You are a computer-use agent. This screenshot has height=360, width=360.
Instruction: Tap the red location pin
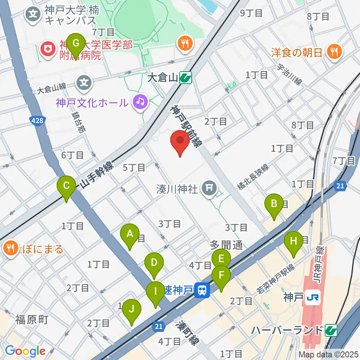tap(180, 142)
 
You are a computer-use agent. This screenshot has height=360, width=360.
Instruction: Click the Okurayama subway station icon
tap(186, 78)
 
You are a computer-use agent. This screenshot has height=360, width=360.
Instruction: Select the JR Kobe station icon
tap(311, 297)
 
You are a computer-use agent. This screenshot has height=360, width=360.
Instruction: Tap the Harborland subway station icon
tap(331, 330)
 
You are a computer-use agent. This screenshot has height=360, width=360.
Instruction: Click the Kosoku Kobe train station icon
tap(202, 289)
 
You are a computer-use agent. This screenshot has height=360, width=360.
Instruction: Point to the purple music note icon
tap(141, 102)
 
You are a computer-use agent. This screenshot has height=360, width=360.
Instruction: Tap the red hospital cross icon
tap(48, 50)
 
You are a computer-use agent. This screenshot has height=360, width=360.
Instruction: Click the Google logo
tap(25, 351)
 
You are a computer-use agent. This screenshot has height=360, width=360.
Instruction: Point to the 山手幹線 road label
tap(97, 175)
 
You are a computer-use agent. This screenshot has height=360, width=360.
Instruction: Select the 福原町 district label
tap(32, 320)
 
